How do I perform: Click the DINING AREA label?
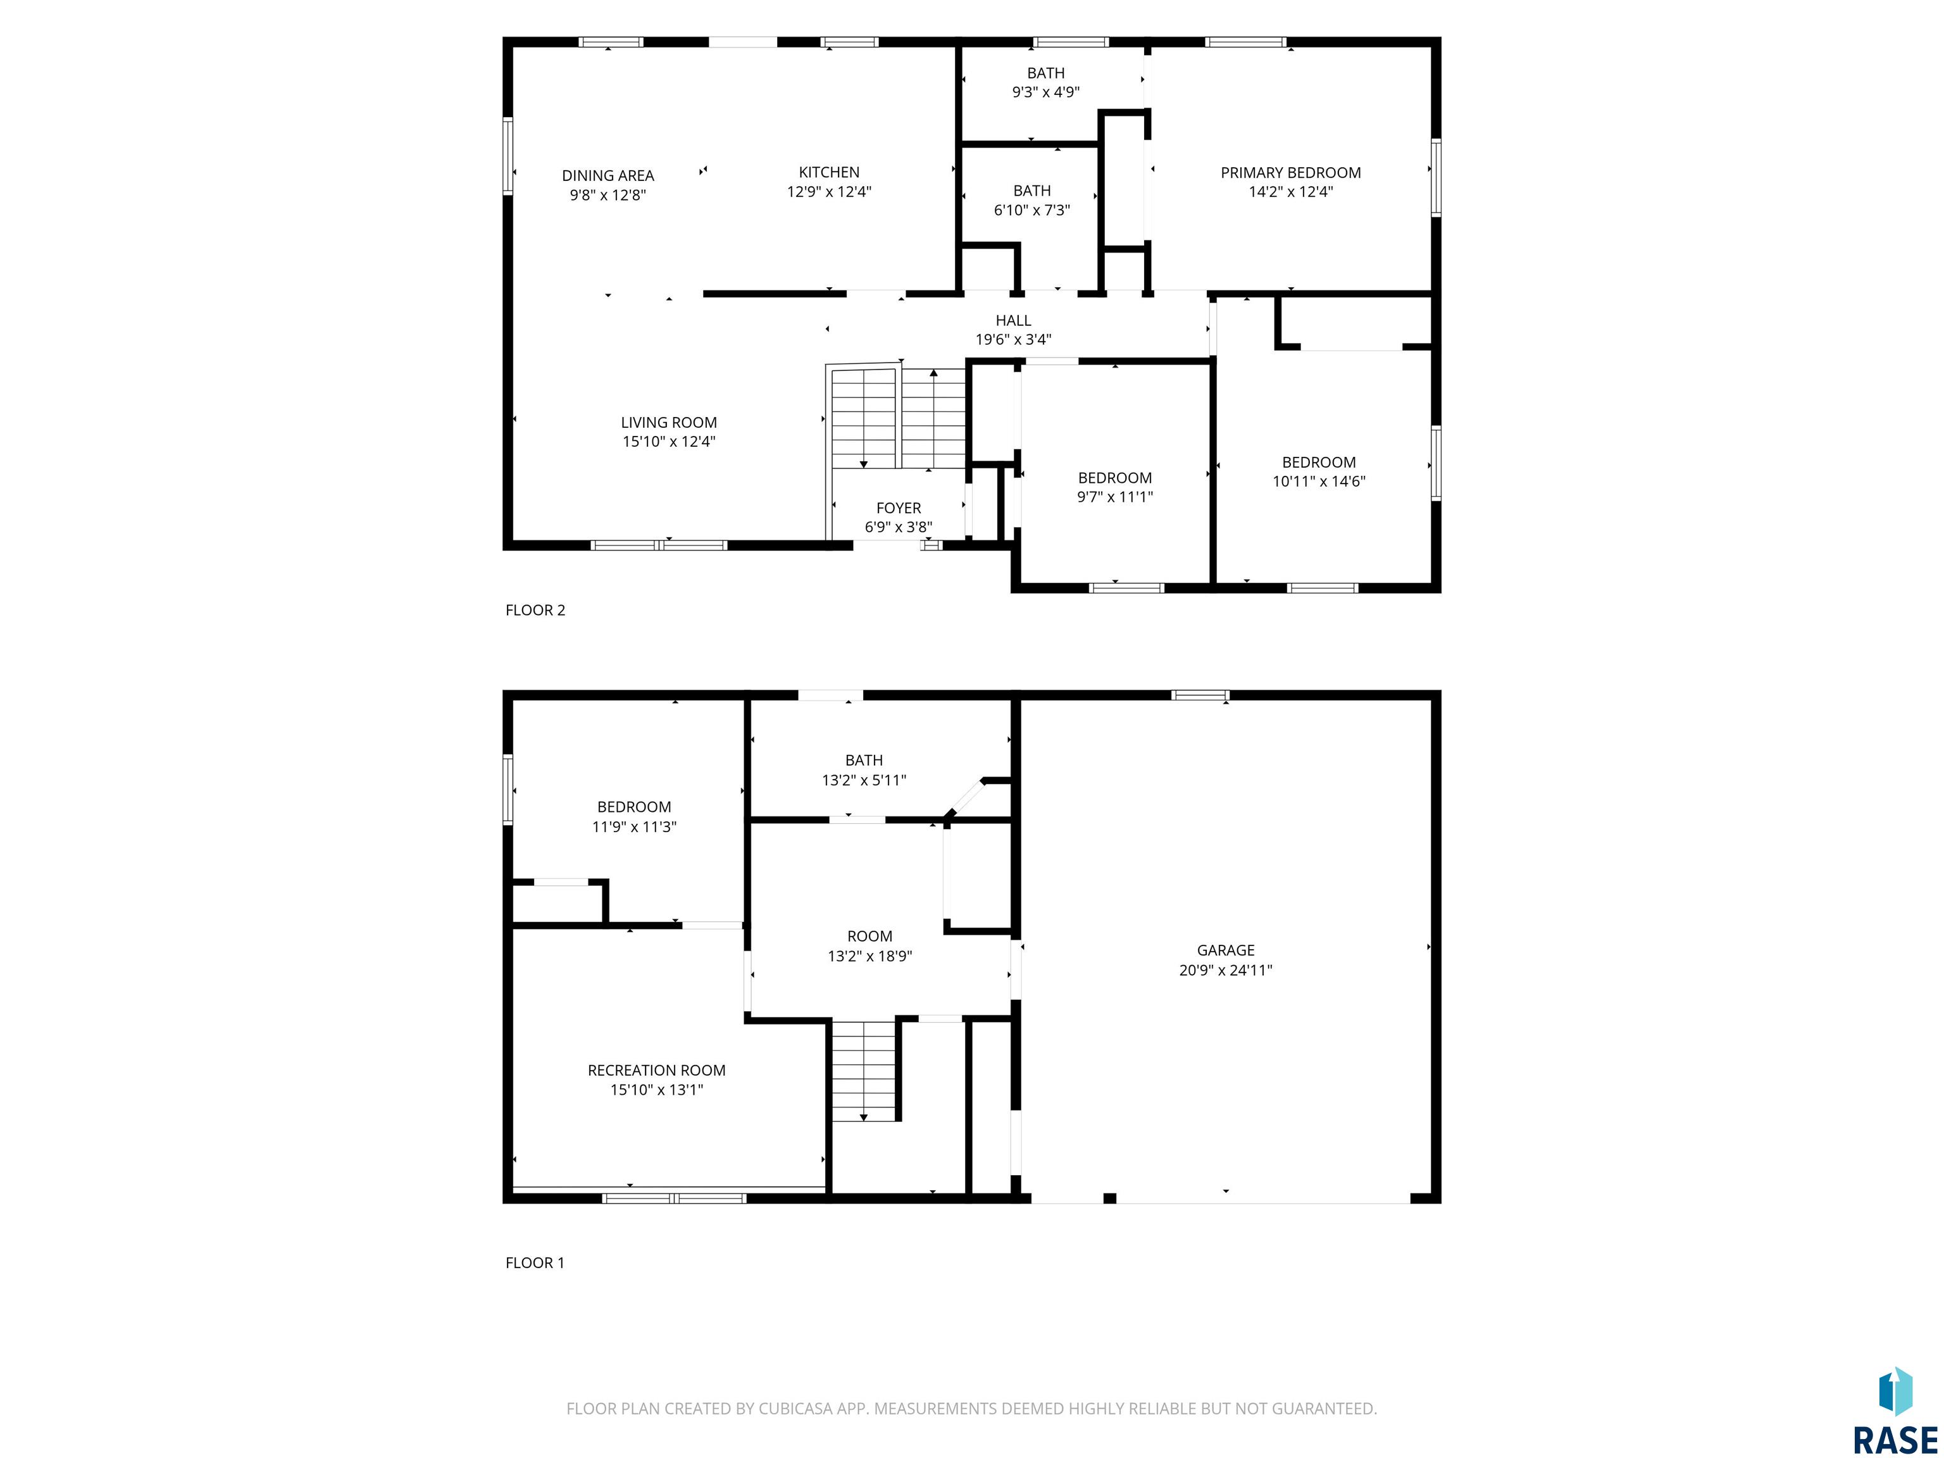coord(608,176)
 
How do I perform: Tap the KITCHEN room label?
coord(829,172)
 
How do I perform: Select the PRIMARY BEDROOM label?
coord(1290,173)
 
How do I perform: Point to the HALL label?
coord(1013,321)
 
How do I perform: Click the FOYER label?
coord(898,508)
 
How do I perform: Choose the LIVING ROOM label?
coord(669,423)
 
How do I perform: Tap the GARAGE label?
coord(1225,950)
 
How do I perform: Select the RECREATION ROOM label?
coord(656,1071)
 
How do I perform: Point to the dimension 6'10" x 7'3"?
coord(1031,210)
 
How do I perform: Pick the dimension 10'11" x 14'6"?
coord(1318,482)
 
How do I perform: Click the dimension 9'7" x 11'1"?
coord(1114,497)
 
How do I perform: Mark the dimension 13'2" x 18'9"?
coord(869,956)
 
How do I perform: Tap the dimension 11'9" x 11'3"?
coord(633,827)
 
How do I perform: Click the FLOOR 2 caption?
coord(535,610)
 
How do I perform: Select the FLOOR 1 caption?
coord(534,1263)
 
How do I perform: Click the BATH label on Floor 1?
coord(864,760)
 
